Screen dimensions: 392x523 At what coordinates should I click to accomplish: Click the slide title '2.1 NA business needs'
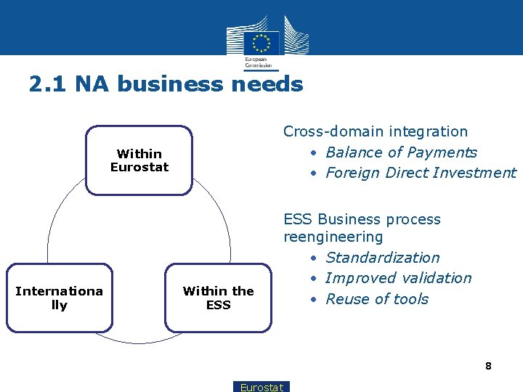tap(166, 84)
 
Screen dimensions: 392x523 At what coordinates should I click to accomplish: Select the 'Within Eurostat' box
tap(139, 160)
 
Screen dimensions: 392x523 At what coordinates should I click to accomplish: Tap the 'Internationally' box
tap(59, 298)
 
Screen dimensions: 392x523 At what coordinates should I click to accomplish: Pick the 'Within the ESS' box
tap(218, 298)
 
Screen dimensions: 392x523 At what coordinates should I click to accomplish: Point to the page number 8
tap(488, 366)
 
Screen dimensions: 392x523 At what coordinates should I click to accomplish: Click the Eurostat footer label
tap(261, 387)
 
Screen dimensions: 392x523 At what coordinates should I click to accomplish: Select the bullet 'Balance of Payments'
tap(401, 152)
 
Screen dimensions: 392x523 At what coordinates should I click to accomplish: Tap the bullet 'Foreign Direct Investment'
tap(421, 173)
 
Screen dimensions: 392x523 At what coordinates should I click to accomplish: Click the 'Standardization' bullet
tap(382, 258)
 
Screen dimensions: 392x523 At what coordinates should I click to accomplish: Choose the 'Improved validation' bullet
tap(398, 278)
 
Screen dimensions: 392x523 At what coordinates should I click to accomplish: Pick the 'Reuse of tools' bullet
tap(377, 299)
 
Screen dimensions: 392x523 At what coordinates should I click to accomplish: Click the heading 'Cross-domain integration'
tap(376, 131)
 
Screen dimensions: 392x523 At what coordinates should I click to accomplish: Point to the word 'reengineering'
tap(333, 237)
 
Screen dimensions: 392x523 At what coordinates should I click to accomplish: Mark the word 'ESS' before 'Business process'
tap(298, 219)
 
